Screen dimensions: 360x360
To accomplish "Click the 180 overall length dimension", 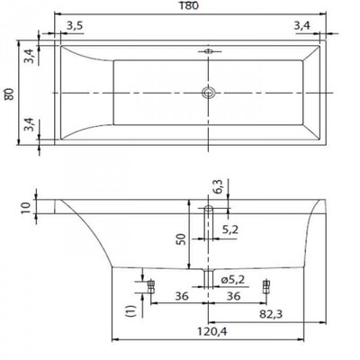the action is click(190, 5).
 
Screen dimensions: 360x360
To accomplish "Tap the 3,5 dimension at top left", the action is click(75, 26).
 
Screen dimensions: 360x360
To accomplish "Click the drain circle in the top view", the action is click(208, 93).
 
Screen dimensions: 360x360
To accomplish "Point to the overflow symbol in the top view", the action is click(208, 51).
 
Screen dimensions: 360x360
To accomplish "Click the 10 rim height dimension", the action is click(26, 207).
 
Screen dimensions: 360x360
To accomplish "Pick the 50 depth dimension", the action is click(182, 239).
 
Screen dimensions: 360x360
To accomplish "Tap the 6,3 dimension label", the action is click(220, 186).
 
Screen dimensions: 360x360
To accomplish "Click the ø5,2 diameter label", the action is click(233, 280).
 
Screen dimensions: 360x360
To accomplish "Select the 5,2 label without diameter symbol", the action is click(230, 229).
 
